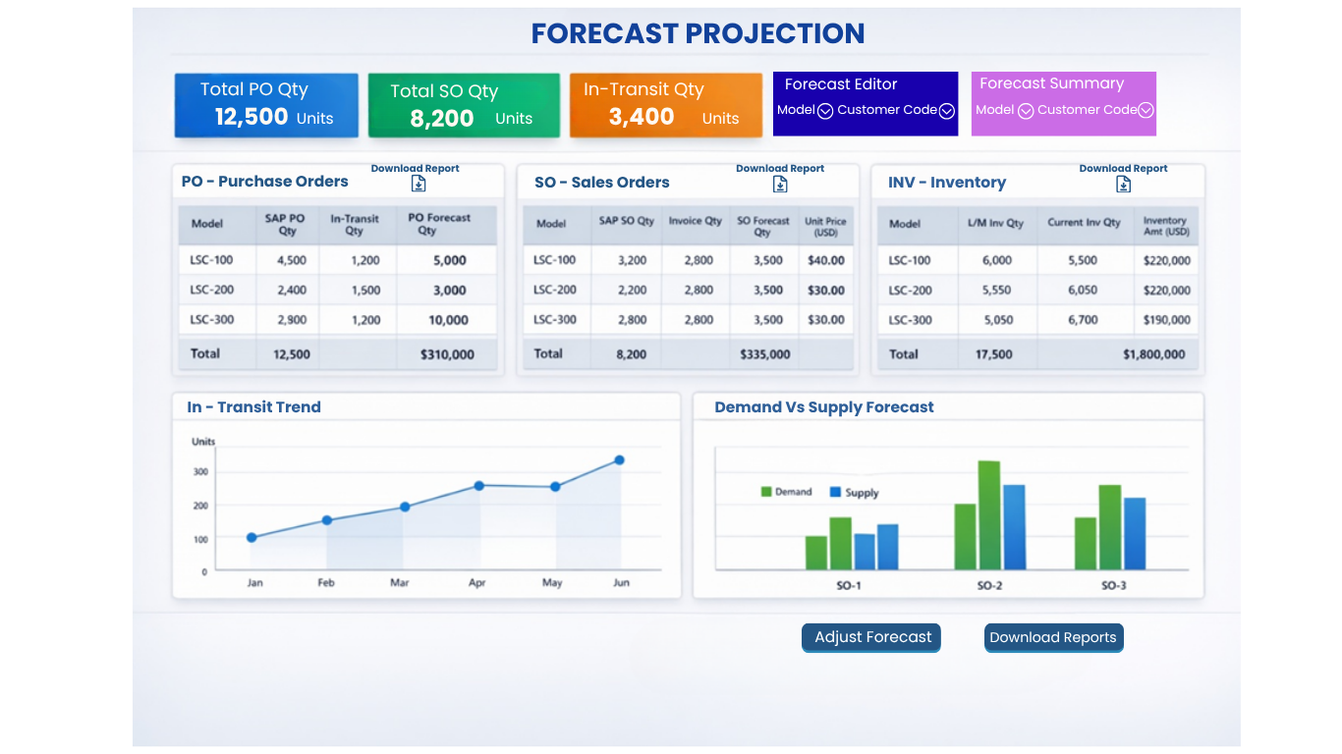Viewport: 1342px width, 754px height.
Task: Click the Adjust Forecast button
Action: click(x=871, y=637)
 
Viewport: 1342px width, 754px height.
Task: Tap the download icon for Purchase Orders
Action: click(x=419, y=184)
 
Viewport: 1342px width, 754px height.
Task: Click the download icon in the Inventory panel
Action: click(x=1123, y=185)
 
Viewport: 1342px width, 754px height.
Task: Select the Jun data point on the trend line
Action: click(x=620, y=460)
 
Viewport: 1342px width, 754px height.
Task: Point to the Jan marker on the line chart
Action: click(x=252, y=538)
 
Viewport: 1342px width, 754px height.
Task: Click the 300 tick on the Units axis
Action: click(x=200, y=472)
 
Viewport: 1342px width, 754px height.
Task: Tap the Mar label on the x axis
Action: click(x=400, y=583)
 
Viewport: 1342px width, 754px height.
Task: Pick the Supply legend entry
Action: click(x=854, y=492)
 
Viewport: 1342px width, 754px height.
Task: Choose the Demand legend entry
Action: click(x=786, y=492)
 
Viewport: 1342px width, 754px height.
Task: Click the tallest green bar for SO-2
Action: click(x=989, y=515)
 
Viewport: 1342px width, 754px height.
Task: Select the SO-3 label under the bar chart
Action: click(x=1114, y=586)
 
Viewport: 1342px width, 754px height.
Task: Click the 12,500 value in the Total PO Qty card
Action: click(x=252, y=117)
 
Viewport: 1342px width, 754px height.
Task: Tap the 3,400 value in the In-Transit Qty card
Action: click(x=642, y=117)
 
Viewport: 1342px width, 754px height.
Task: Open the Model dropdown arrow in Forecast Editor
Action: click(x=825, y=111)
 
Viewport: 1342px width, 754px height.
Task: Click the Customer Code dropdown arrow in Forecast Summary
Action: click(x=1146, y=110)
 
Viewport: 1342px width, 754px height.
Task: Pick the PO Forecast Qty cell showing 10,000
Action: click(x=448, y=320)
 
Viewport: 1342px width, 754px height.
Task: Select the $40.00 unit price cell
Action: click(x=826, y=260)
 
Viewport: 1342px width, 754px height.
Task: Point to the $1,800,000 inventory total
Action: click(x=1154, y=354)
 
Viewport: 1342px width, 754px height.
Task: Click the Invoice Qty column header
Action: click(x=695, y=221)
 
